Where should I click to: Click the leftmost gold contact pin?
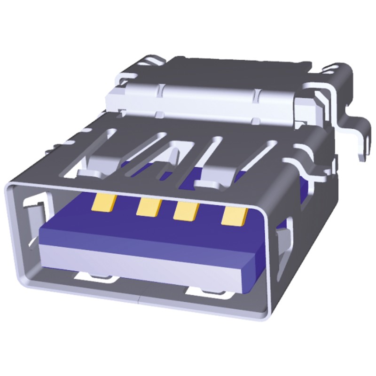tap(104, 203)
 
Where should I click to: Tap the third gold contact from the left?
tap(185, 211)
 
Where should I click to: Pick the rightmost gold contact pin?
tap(233, 216)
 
